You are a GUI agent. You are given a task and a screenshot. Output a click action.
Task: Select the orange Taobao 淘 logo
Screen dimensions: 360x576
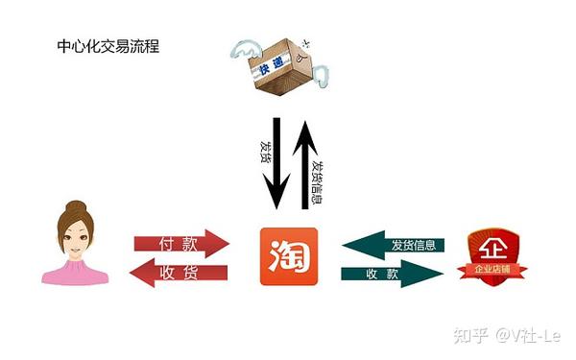[288, 256]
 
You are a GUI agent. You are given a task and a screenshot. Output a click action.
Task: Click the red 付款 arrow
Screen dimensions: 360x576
[182, 243]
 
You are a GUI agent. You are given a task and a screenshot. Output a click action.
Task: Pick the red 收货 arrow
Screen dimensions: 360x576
[180, 273]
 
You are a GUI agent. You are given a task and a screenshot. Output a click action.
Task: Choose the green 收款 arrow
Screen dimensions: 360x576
[392, 274]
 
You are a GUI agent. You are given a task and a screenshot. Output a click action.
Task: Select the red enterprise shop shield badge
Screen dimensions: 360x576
[494, 252]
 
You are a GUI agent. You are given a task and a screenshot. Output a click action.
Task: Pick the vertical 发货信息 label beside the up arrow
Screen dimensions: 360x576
[320, 182]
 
